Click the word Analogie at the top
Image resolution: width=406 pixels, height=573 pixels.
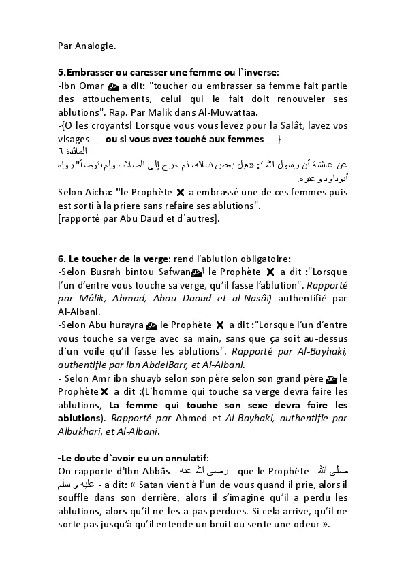[x=95, y=46]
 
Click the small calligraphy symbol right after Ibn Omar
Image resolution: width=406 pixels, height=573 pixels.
[x=114, y=86]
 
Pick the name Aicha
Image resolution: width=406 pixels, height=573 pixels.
[x=97, y=192]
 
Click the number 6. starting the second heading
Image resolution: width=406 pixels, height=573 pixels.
[x=62, y=257]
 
